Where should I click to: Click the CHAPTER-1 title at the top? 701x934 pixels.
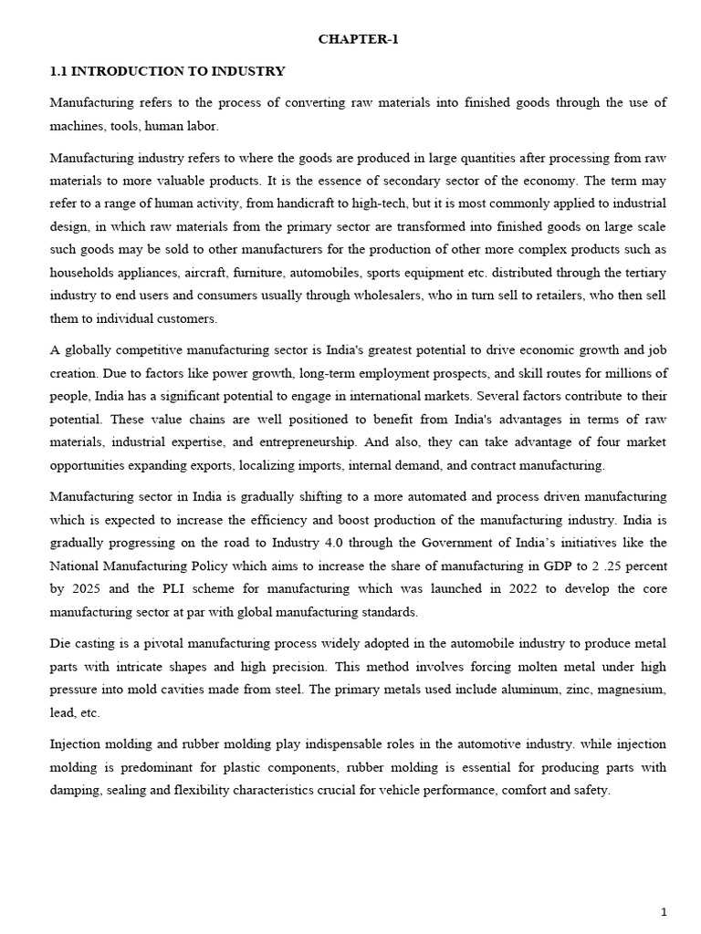[x=358, y=39]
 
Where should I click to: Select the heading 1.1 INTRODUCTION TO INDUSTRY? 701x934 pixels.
[x=167, y=71]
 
